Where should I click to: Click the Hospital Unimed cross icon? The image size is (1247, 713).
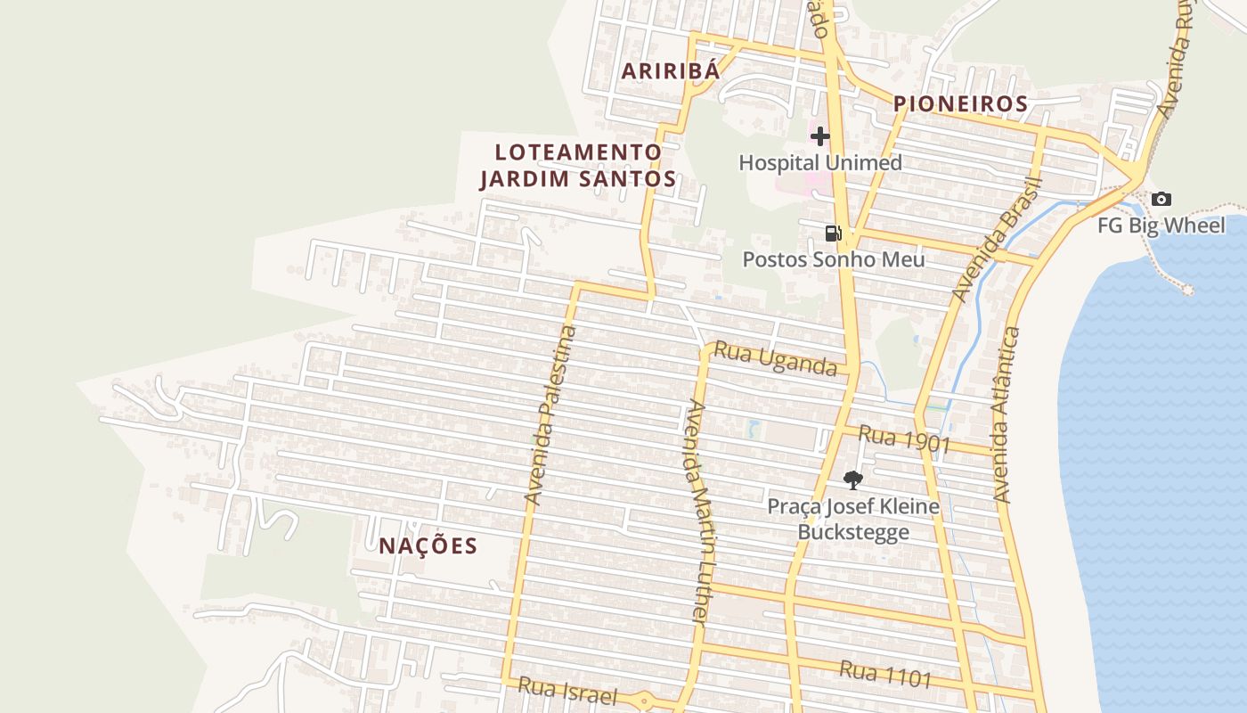coord(820,136)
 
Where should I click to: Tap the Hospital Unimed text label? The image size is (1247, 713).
coord(820,162)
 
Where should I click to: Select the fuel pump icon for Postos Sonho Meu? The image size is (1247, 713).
coord(834,234)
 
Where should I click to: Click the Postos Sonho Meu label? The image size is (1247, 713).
coord(834,259)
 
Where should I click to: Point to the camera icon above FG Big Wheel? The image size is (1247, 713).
coord(1161,200)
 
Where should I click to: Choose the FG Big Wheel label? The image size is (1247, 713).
coord(1161,225)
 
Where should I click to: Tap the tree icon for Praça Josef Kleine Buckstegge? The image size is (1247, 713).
coord(853,480)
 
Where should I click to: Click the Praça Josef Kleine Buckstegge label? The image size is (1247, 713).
coord(853,519)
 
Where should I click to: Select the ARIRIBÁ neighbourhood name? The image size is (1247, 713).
coord(670,71)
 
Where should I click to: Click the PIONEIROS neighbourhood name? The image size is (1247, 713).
coord(961,103)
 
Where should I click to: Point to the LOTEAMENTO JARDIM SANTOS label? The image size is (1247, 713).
coord(578,166)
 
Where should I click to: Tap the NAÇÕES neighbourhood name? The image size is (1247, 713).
coord(428,546)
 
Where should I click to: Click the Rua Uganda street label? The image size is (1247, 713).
coord(776,359)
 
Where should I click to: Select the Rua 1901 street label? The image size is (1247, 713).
coord(905,439)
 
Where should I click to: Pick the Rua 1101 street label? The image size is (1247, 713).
coord(885,674)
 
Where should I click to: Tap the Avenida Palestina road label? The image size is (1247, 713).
coord(550,416)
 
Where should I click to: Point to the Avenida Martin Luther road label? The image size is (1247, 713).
coord(698,512)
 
